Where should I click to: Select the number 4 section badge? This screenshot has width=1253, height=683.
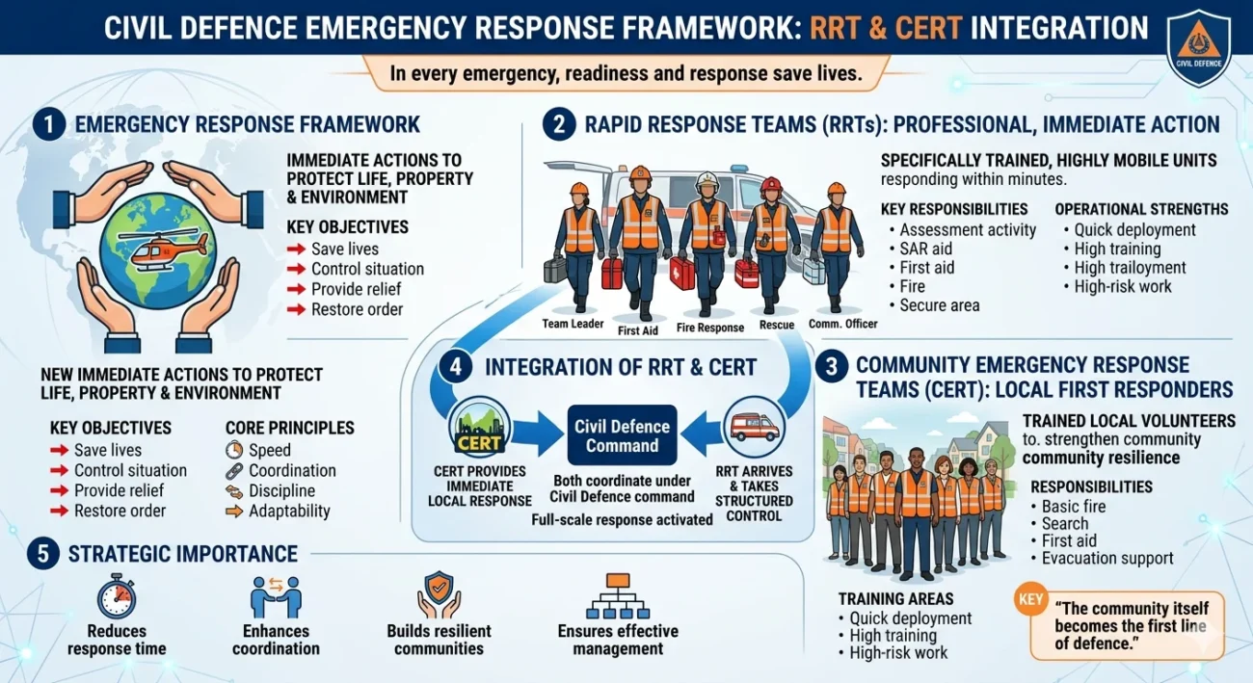(x=454, y=367)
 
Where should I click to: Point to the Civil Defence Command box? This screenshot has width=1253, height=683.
(x=623, y=436)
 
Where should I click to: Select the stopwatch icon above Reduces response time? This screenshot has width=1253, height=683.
(x=117, y=596)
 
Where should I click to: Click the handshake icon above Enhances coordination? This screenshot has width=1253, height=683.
(x=276, y=596)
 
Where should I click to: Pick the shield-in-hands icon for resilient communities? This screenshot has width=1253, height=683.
(x=439, y=594)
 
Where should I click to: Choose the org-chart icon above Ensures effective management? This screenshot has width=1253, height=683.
(x=618, y=596)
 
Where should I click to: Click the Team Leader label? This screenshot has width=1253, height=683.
(x=573, y=324)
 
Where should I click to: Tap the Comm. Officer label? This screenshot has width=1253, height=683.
(x=843, y=324)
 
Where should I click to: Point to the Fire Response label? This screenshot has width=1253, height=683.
(x=710, y=328)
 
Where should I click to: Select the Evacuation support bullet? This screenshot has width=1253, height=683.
(x=1107, y=558)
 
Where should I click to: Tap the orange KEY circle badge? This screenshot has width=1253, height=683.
(x=1029, y=598)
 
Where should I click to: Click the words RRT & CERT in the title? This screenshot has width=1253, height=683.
(x=884, y=27)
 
